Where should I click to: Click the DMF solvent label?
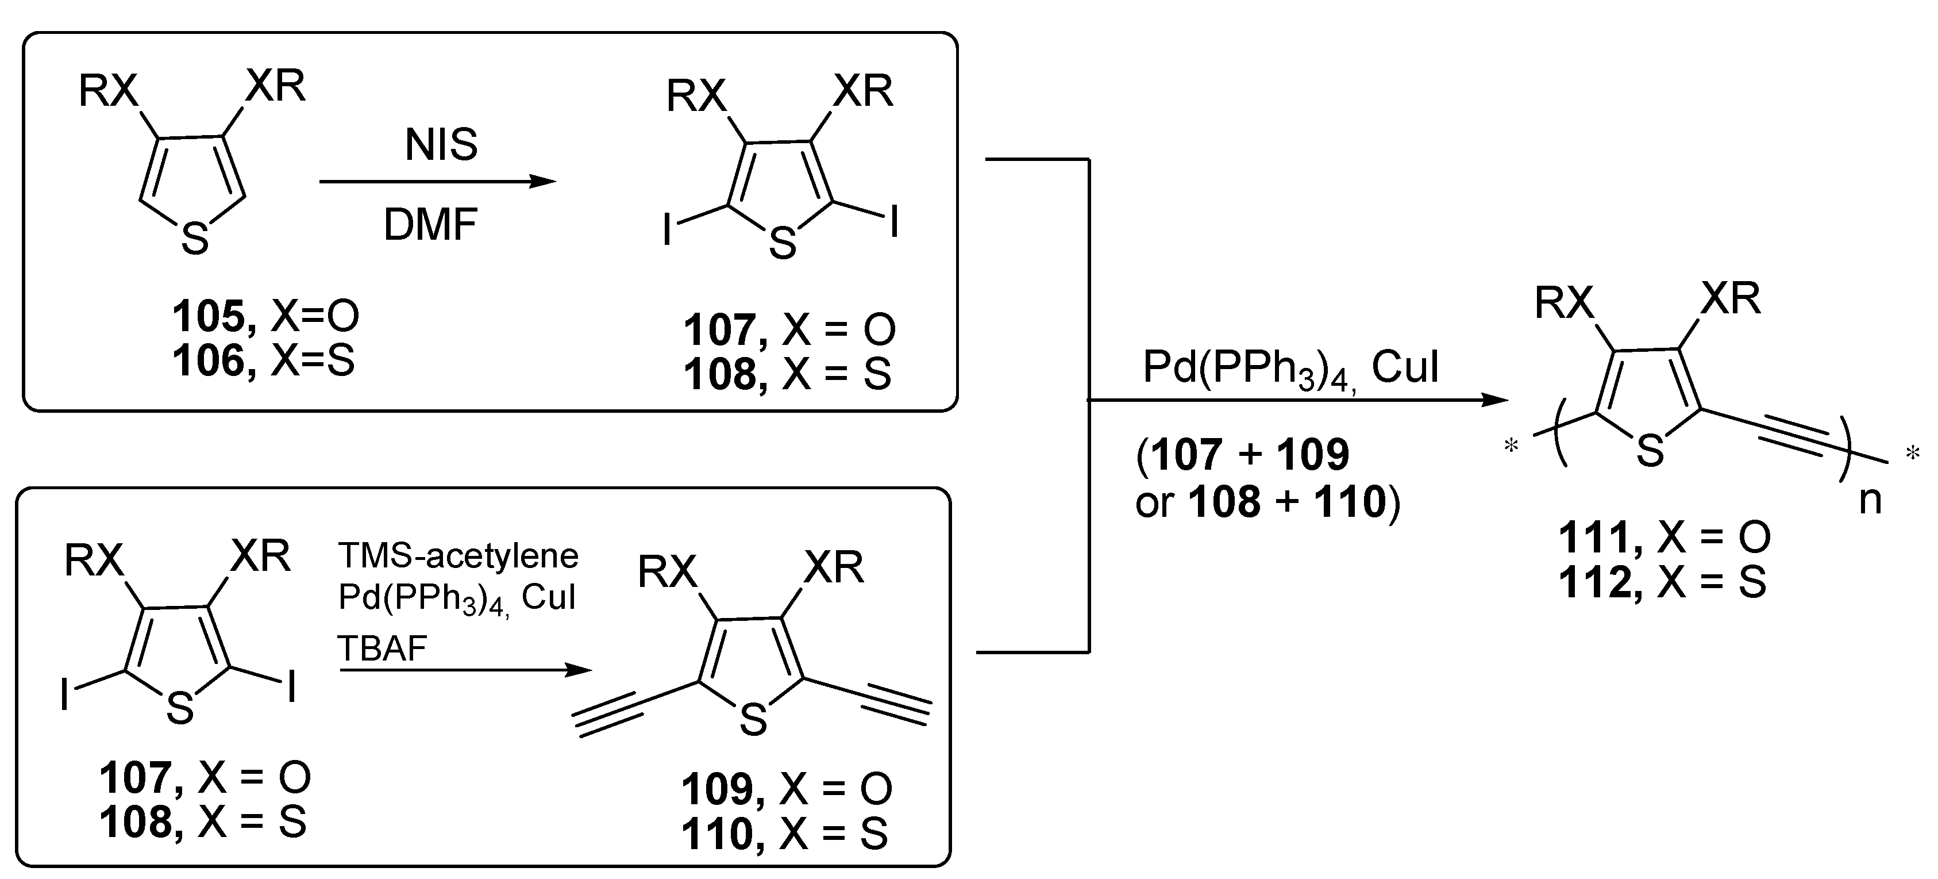pyautogui.click(x=430, y=225)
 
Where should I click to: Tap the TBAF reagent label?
pyautogui.click(x=382, y=648)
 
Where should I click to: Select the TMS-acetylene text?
pyautogui.click(x=458, y=556)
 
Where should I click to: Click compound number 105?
pyautogui.click(x=209, y=316)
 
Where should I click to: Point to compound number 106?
pyautogui.click(x=209, y=360)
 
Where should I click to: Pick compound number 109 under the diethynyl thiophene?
pyautogui.click(x=716, y=789)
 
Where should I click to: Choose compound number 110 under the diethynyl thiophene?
pyautogui.click(x=716, y=834)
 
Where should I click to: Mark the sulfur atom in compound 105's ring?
pyautogui.click(x=195, y=239)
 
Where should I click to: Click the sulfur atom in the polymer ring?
pyautogui.click(x=1650, y=451)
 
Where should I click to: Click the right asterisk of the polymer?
pyautogui.click(x=1912, y=454)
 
